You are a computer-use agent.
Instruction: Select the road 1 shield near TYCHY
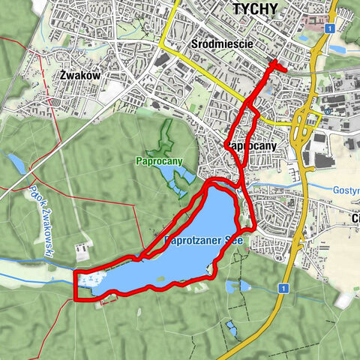pyautogui.click(x=330, y=28)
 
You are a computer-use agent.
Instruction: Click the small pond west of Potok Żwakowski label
pyautogui.click(x=16, y=163)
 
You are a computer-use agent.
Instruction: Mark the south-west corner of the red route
pyautogui.click(x=76, y=299)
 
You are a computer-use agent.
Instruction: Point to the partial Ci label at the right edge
pyautogui.click(x=354, y=218)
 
